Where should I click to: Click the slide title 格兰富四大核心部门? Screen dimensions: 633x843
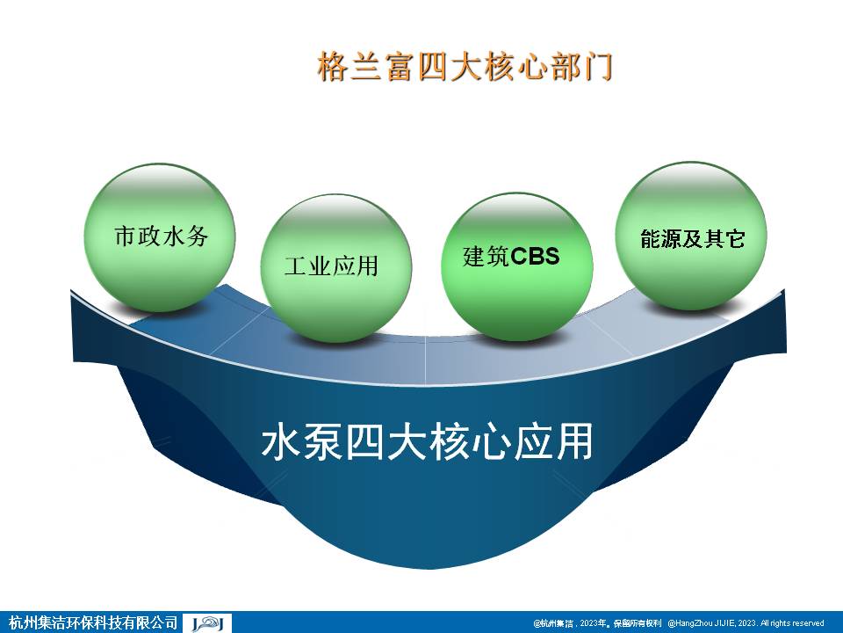[464, 69]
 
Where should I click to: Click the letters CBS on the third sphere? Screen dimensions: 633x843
[535, 257]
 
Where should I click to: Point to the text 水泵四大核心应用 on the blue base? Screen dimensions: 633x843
[427, 443]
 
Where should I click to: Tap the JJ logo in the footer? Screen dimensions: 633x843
[207, 622]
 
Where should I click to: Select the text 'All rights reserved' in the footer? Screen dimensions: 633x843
[792, 622]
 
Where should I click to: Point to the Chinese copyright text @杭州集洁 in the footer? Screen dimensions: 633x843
[552, 622]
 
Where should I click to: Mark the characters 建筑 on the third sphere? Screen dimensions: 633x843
[486, 257]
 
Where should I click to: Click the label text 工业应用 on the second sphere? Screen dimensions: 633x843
[331, 266]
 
